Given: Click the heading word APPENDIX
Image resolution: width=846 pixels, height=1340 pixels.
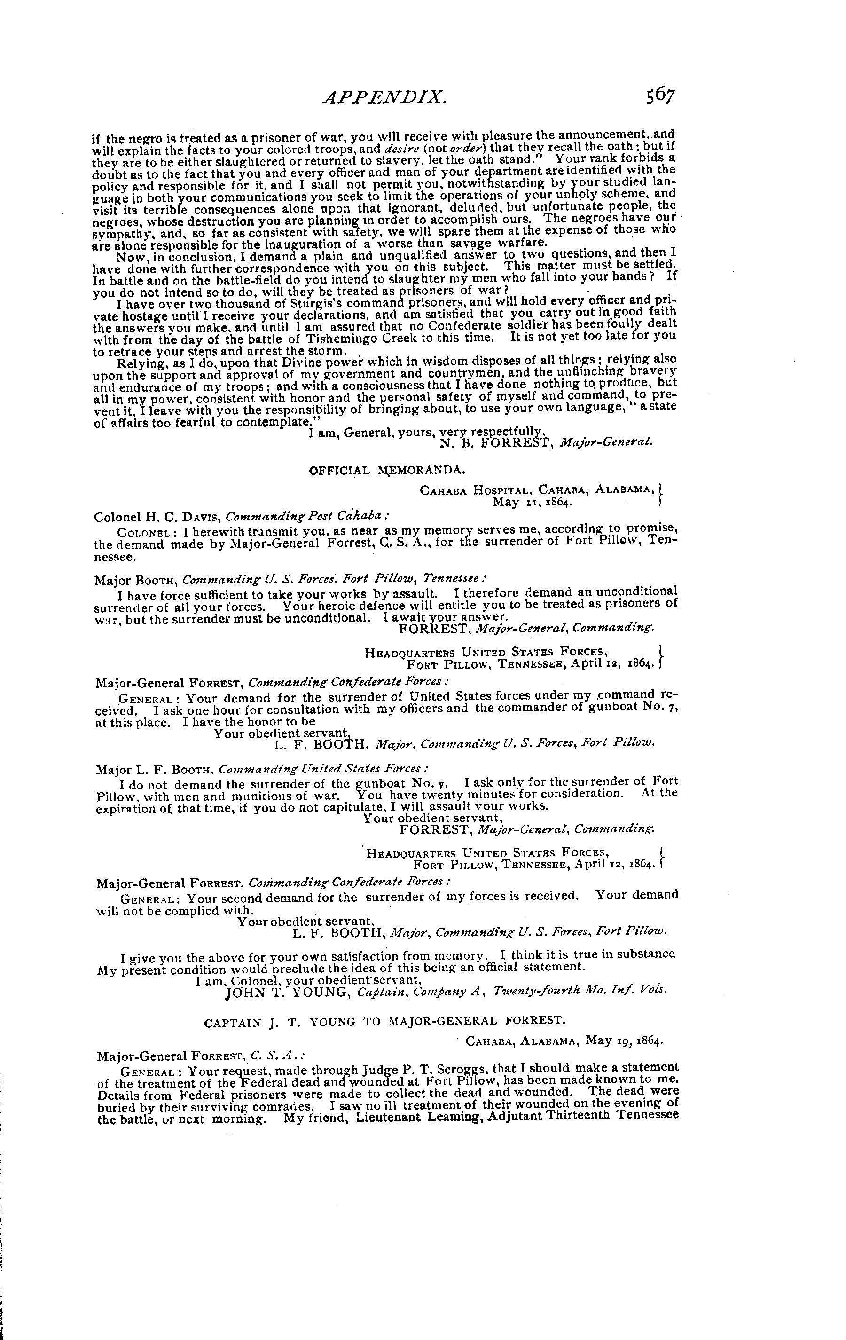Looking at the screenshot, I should tap(385, 98).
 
